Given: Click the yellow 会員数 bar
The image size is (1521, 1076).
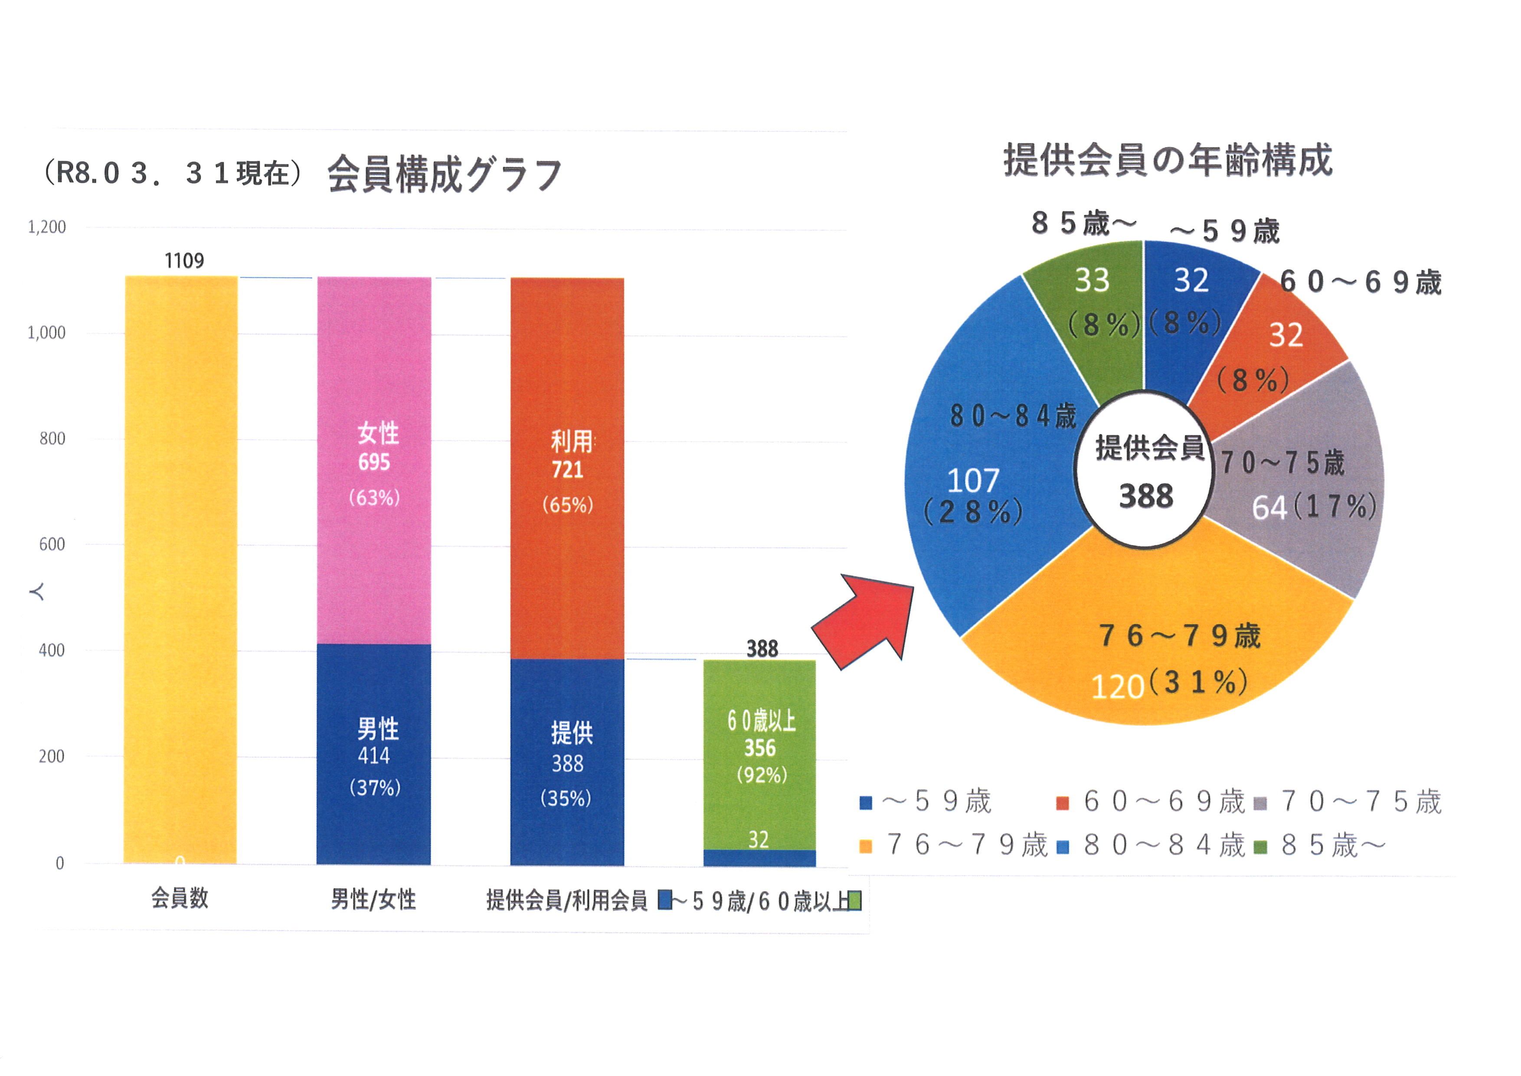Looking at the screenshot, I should click(x=181, y=570).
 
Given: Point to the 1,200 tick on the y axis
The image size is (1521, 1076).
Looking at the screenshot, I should click(x=47, y=227).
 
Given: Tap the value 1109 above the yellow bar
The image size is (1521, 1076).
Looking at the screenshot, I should click(x=184, y=261).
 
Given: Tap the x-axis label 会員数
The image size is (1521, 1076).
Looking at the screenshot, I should click(x=180, y=899).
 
